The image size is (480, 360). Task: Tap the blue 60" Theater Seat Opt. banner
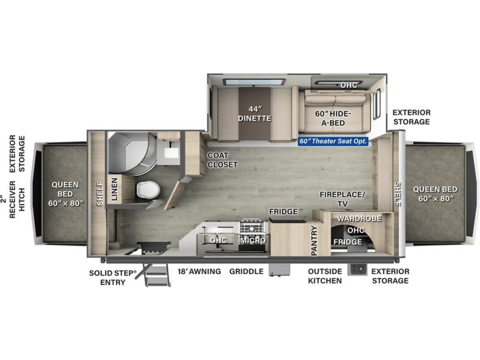pyautogui.click(x=333, y=141)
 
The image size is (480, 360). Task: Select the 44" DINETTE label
pyautogui.click(x=254, y=113)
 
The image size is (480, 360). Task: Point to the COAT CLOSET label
pyautogui.click(x=223, y=160)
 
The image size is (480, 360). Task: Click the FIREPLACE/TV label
pyautogui.click(x=343, y=199)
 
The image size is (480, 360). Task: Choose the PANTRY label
pyautogui.click(x=314, y=241)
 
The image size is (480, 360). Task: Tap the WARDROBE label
pyautogui.click(x=359, y=218)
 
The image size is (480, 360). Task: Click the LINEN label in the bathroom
pyautogui.click(x=114, y=189)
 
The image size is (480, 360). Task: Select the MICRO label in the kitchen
pyautogui.click(x=253, y=241)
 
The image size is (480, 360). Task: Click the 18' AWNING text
pyautogui.click(x=199, y=271)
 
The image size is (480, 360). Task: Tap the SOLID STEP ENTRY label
pyautogui.click(x=113, y=278)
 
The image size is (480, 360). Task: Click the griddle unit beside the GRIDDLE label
pyautogui.click(x=279, y=270)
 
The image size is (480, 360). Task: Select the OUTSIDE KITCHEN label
pyautogui.click(x=325, y=276)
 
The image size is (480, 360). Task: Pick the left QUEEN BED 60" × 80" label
pyautogui.click(x=65, y=194)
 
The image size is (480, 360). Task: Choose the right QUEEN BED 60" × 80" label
pyautogui.click(x=436, y=194)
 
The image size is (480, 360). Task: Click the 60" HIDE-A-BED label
pyautogui.click(x=333, y=118)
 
